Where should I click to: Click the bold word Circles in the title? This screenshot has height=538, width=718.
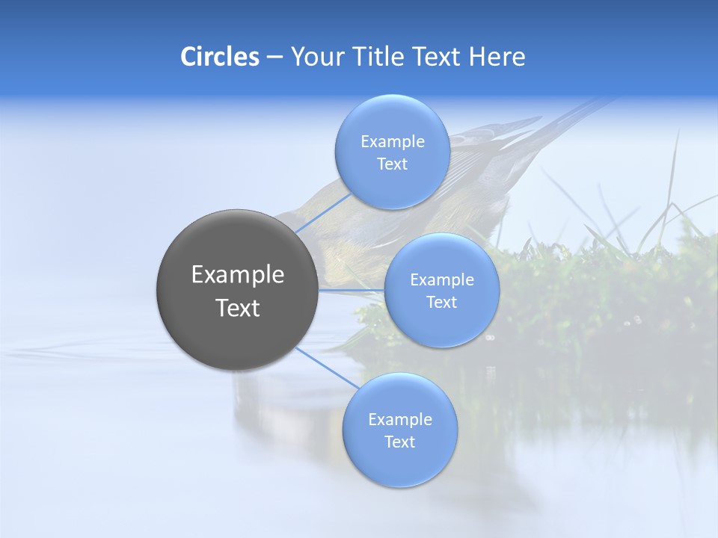(219, 57)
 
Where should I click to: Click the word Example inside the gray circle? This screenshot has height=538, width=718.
(237, 275)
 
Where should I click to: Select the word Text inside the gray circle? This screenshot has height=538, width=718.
(237, 308)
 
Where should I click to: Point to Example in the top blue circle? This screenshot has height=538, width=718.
(392, 141)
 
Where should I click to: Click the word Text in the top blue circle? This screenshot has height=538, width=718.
(392, 164)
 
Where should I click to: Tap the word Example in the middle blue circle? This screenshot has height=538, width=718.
(441, 279)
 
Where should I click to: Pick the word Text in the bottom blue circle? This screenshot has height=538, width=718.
(399, 442)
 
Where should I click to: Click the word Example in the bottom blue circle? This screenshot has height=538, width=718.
(399, 419)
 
